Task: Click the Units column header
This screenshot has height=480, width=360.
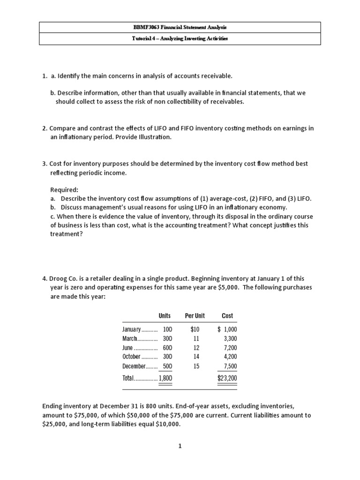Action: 165,316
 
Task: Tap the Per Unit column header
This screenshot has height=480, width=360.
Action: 195,316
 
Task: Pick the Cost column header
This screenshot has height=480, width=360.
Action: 227,316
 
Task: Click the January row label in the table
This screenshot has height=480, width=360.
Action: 131,330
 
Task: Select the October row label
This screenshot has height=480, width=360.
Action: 131,357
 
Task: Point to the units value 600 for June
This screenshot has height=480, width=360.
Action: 167,348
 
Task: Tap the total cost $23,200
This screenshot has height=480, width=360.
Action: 227,378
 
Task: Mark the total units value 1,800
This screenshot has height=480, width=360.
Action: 165,378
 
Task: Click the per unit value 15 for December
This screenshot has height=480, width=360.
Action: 196,366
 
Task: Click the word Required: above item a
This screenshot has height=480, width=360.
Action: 64,190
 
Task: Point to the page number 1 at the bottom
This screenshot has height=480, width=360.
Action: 180,446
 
